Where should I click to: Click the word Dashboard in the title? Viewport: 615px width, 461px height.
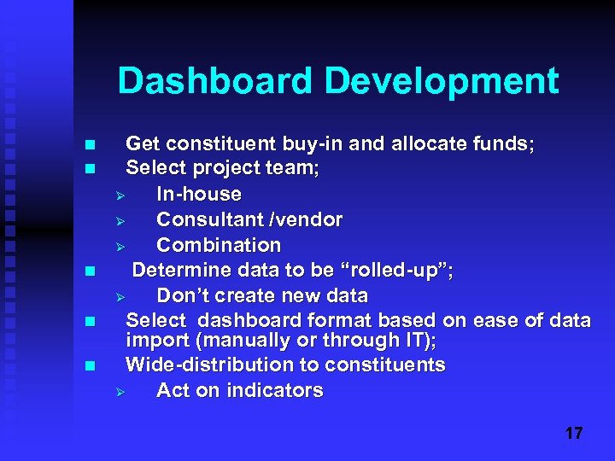217,81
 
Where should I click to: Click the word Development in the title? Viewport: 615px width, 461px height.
442,81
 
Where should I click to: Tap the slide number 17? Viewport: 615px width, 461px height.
573,433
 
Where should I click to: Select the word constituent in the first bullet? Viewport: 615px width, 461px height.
219,143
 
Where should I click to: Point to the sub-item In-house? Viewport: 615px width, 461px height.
199,194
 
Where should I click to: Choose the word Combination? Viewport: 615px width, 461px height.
219,245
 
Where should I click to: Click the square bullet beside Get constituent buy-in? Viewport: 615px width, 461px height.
91,144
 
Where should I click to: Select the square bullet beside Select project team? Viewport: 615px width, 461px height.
91,168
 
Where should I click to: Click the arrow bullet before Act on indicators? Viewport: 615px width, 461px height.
120,391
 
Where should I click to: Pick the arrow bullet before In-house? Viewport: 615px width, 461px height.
120,195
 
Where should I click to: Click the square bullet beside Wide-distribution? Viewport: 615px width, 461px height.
91,365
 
